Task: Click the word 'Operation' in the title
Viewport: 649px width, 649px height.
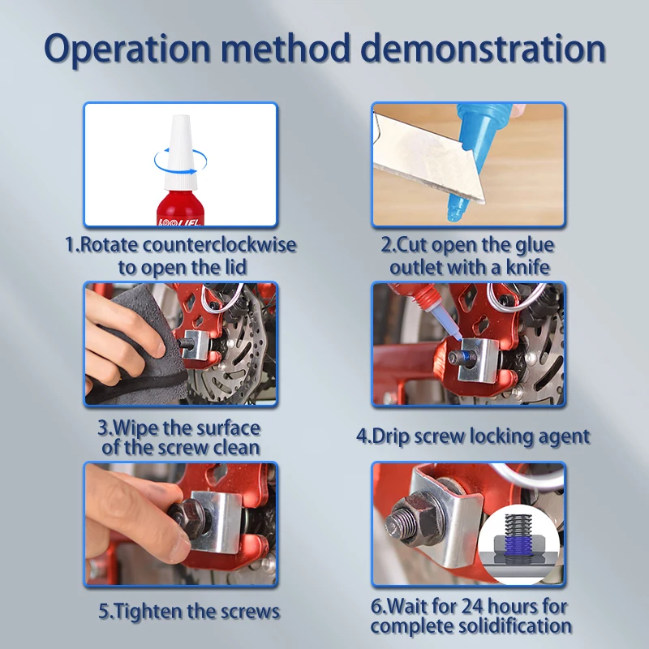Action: coord(127,49)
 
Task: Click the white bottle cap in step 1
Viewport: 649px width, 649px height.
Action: coord(180,153)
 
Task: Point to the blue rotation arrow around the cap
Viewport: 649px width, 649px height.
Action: coord(181,161)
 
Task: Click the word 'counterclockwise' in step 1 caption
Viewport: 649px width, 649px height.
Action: coord(219,245)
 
